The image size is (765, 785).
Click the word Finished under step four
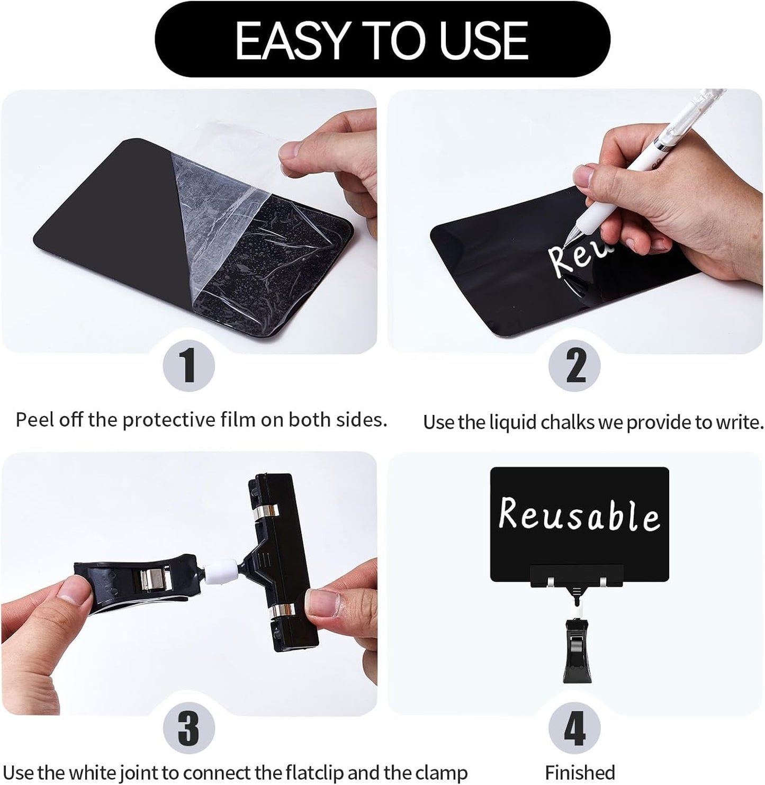pyautogui.click(x=580, y=772)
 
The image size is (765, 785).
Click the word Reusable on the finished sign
pyautogui.click(x=579, y=515)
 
